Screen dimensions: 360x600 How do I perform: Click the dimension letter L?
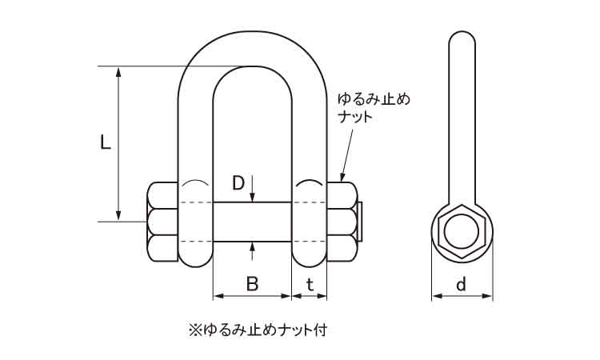104,144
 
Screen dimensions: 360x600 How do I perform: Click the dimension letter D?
238,183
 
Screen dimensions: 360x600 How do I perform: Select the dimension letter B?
251,283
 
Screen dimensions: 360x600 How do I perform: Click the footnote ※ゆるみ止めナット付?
258,329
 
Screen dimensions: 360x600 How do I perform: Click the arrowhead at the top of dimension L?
120,72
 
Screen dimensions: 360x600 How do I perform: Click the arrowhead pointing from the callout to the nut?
343,177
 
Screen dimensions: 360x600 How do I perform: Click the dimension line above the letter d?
462,297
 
